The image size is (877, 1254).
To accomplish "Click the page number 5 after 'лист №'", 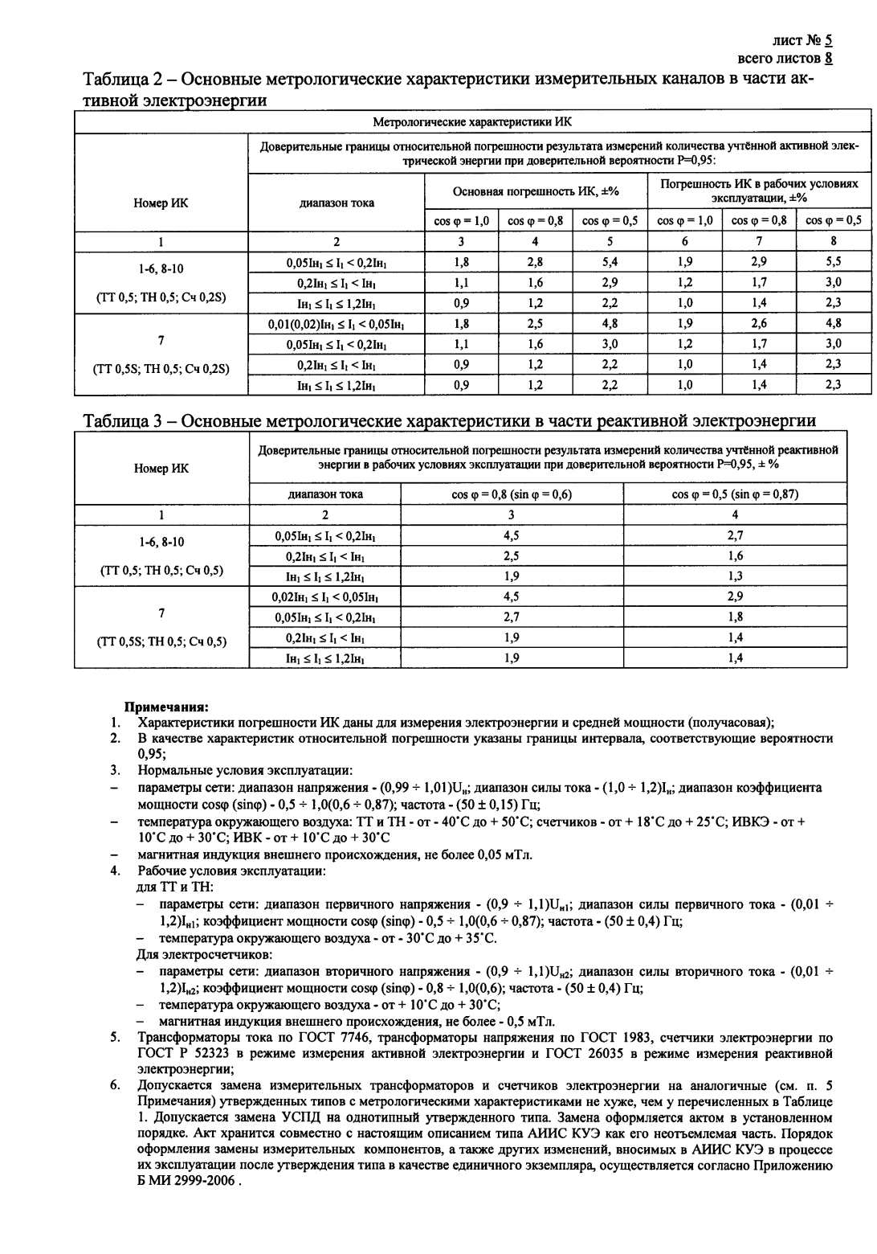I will pyautogui.click(x=828, y=39).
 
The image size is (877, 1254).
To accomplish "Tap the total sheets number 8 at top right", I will pyautogui.click(x=828, y=59).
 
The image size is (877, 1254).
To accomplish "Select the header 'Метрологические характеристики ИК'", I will pyautogui.click(x=472, y=121).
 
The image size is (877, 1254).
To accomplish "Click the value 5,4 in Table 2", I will pyautogui.click(x=610, y=261).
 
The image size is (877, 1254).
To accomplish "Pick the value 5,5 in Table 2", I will pyautogui.click(x=833, y=261).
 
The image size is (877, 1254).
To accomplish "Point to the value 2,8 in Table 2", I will pyautogui.click(x=535, y=261).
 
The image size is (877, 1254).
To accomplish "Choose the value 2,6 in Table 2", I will pyautogui.click(x=758, y=323).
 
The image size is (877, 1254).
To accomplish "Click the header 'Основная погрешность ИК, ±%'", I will pyautogui.click(x=536, y=192).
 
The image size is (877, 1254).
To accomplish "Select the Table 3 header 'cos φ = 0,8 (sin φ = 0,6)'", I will pyautogui.click(x=512, y=494).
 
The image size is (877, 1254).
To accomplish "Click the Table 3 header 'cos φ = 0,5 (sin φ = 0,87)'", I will pyautogui.click(x=735, y=494).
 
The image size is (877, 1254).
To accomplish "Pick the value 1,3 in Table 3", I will pyautogui.click(x=735, y=576).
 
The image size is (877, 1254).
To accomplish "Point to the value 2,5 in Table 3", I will pyautogui.click(x=512, y=555).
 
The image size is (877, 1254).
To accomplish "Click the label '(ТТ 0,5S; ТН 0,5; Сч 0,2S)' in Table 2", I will pyautogui.click(x=161, y=369).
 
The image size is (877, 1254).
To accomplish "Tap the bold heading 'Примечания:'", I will pyautogui.click(x=165, y=707).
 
